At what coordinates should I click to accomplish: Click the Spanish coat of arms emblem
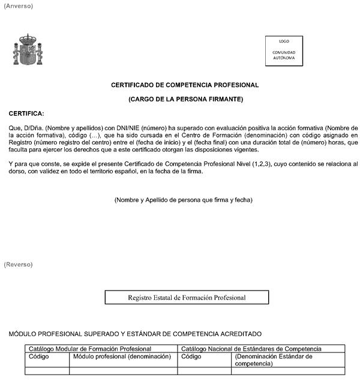click(x=28, y=50)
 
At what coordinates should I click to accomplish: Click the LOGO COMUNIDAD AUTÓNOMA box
click(x=284, y=50)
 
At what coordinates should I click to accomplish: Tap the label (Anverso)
click(x=19, y=5)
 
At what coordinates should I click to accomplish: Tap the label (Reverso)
click(x=19, y=264)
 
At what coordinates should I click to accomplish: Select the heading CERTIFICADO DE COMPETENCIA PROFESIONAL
click(x=185, y=85)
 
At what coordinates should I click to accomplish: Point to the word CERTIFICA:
click(x=26, y=113)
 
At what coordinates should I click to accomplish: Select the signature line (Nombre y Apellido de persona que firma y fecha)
click(x=183, y=199)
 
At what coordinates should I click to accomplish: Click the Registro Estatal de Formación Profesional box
click(x=187, y=297)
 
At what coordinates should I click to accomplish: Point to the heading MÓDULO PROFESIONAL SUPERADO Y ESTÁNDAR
click(x=135, y=334)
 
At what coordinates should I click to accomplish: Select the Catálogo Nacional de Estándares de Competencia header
click(x=251, y=349)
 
